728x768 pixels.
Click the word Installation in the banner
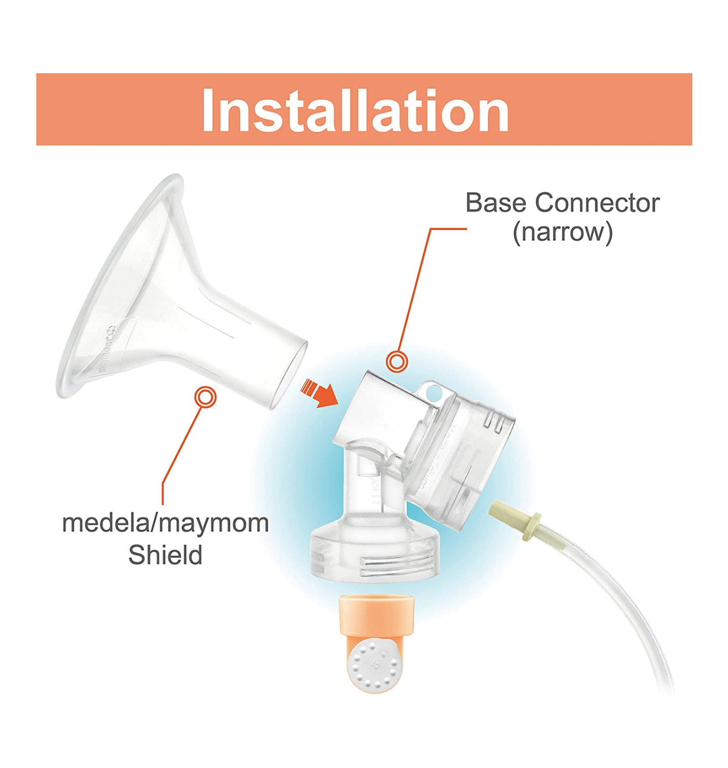pyautogui.click(x=355, y=110)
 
